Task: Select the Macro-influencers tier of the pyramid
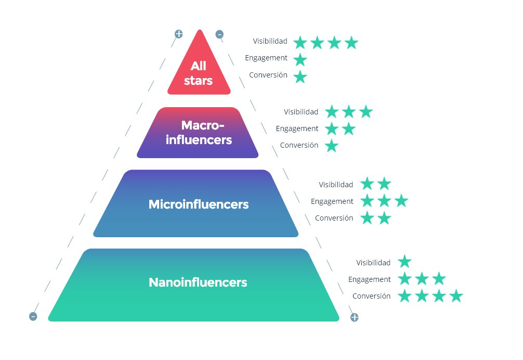click(198, 133)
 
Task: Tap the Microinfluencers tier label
click(199, 204)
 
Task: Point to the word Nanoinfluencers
click(198, 282)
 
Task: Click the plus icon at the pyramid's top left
click(179, 34)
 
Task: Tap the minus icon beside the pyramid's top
click(219, 34)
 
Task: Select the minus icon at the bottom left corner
click(33, 316)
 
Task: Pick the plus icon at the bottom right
click(354, 317)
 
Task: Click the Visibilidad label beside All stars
click(270, 41)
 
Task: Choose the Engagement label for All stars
click(266, 58)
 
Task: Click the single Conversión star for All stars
click(300, 77)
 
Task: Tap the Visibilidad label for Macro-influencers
click(301, 112)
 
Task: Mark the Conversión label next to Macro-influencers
click(299, 145)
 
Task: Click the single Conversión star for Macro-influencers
click(332, 146)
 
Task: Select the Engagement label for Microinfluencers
click(332, 201)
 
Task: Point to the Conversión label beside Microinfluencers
click(334, 218)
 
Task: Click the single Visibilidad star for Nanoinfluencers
click(404, 262)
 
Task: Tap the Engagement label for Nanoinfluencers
click(369, 279)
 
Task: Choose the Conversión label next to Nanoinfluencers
click(371, 296)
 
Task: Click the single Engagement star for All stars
click(300, 60)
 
